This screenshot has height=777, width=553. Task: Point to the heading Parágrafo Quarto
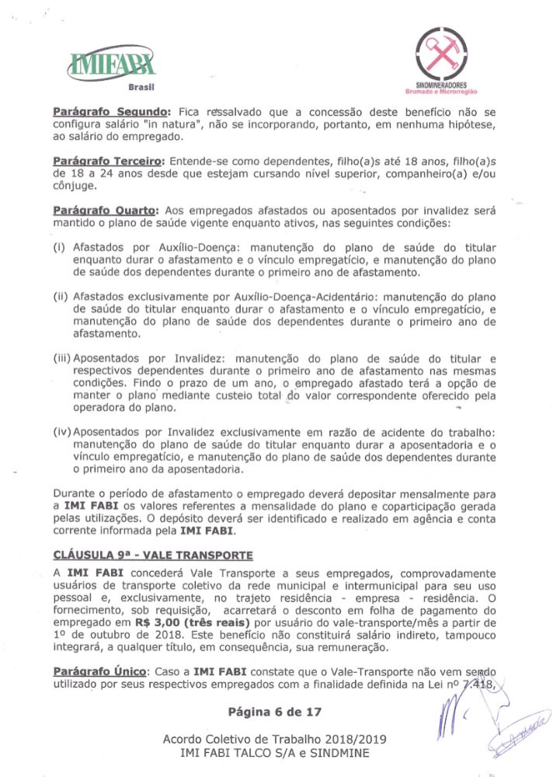[x=106, y=211]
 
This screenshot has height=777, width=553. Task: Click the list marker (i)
[x=59, y=248]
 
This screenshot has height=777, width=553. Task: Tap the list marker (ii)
[x=61, y=297]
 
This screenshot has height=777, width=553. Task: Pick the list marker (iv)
[x=62, y=431]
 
